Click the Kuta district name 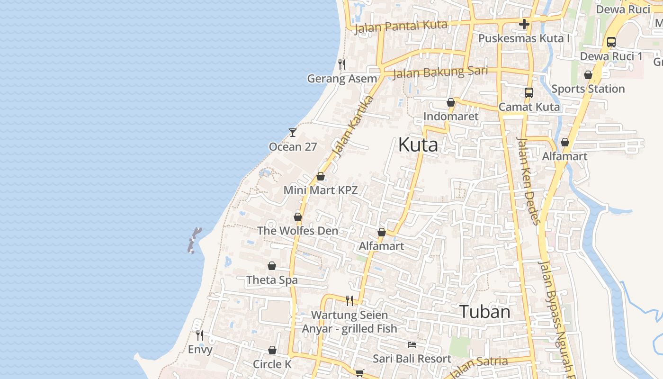point(418,144)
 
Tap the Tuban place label point(485,312)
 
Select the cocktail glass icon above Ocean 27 point(293,133)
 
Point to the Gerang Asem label point(342,79)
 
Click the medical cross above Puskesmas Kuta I point(524,24)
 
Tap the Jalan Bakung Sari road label point(440,72)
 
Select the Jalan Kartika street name point(353,126)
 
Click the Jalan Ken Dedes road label point(529,180)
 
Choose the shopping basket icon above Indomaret point(451,102)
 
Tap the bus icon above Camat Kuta point(529,93)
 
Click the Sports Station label point(588,89)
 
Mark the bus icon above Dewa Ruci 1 point(611,42)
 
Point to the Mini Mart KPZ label point(321,190)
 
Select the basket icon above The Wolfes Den point(298,217)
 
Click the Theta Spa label point(272,280)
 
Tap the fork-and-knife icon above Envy point(200,335)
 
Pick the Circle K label point(272,364)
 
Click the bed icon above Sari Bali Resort point(412,344)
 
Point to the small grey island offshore point(194,240)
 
